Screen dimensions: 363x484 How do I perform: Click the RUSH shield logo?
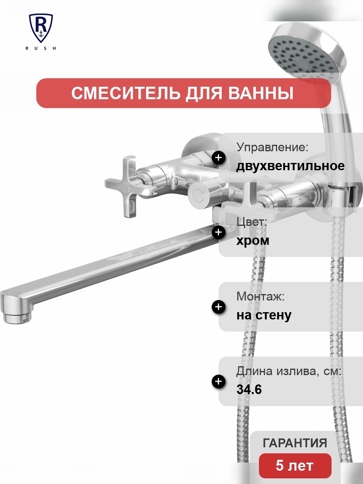coord(41,28)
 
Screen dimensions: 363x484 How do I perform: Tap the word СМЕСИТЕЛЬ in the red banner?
coord(125,93)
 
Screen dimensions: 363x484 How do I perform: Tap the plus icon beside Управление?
coord(219,158)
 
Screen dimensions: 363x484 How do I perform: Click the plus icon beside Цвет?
coord(219,232)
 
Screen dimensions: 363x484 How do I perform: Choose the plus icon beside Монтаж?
coord(219,307)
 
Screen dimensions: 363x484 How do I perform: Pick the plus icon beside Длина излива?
coord(219,381)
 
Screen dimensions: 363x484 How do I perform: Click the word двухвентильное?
coord(290,166)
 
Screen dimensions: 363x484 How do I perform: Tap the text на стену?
coord(264,315)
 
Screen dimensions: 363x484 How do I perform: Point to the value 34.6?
coord(249,390)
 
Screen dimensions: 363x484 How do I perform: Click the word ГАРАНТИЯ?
coord(295,443)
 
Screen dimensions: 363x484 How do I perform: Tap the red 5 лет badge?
coord(295,466)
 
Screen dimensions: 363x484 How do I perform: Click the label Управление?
coord(272,148)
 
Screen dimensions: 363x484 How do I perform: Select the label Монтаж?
coord(261,297)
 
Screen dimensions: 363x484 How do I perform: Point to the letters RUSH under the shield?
coord(41,48)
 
